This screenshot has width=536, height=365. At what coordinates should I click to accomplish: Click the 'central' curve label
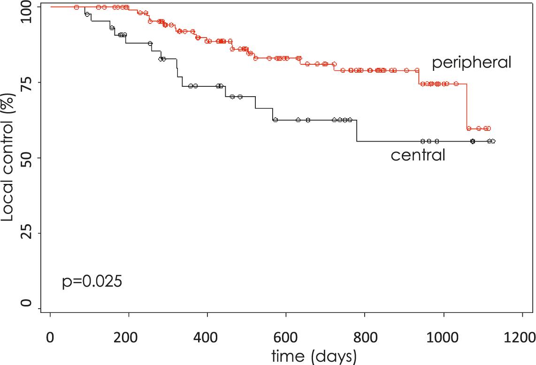418,155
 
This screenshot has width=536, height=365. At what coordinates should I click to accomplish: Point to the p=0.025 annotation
92,282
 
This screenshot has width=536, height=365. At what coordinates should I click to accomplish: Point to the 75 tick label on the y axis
29,83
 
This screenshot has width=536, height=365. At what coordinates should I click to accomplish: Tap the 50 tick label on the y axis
29,158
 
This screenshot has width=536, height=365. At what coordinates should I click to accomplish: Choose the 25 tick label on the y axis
29,233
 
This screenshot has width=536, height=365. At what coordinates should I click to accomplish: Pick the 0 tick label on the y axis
29,308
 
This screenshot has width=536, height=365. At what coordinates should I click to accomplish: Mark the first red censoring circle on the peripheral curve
77,7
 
